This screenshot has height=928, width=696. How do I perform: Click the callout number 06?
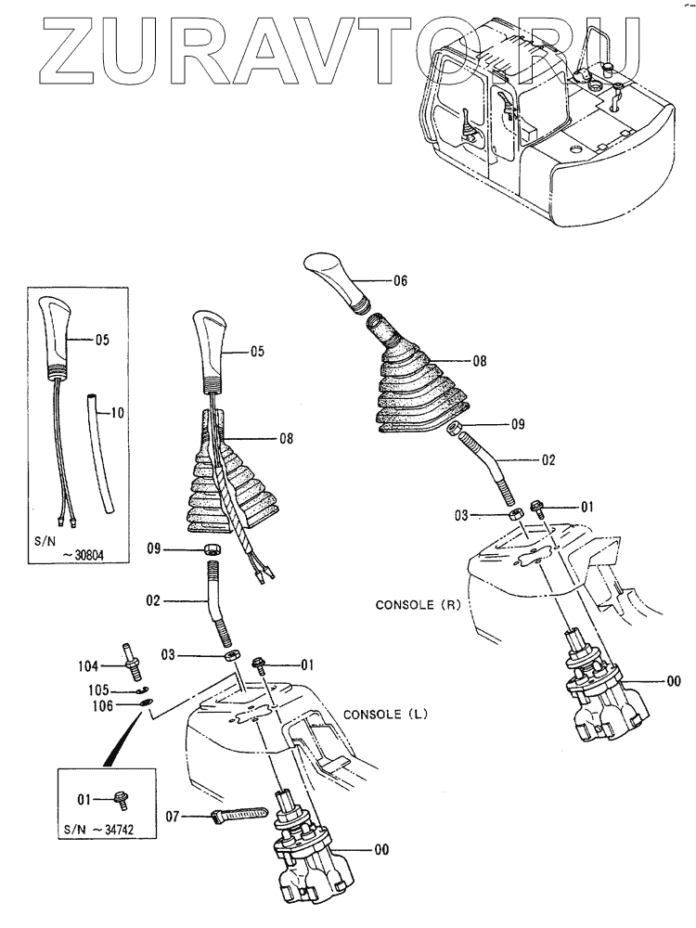[400, 279]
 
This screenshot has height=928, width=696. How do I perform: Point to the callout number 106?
[103, 706]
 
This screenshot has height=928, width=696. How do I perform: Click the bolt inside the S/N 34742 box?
[121, 795]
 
